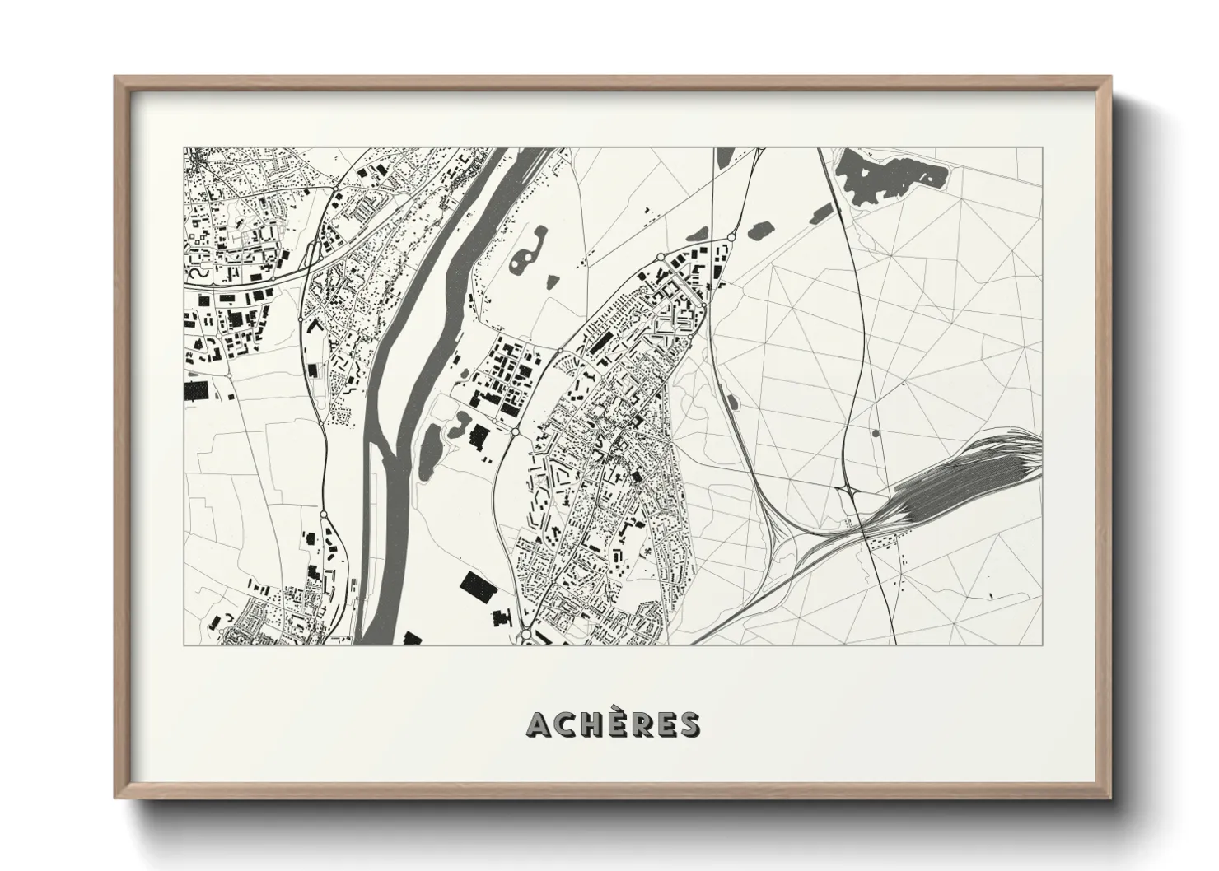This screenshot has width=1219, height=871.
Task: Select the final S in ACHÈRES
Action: (x=689, y=724)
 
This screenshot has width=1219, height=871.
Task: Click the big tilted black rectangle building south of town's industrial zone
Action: (x=474, y=585)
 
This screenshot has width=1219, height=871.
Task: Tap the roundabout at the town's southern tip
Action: (x=525, y=636)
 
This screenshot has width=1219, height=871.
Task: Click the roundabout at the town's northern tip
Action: (x=730, y=239)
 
